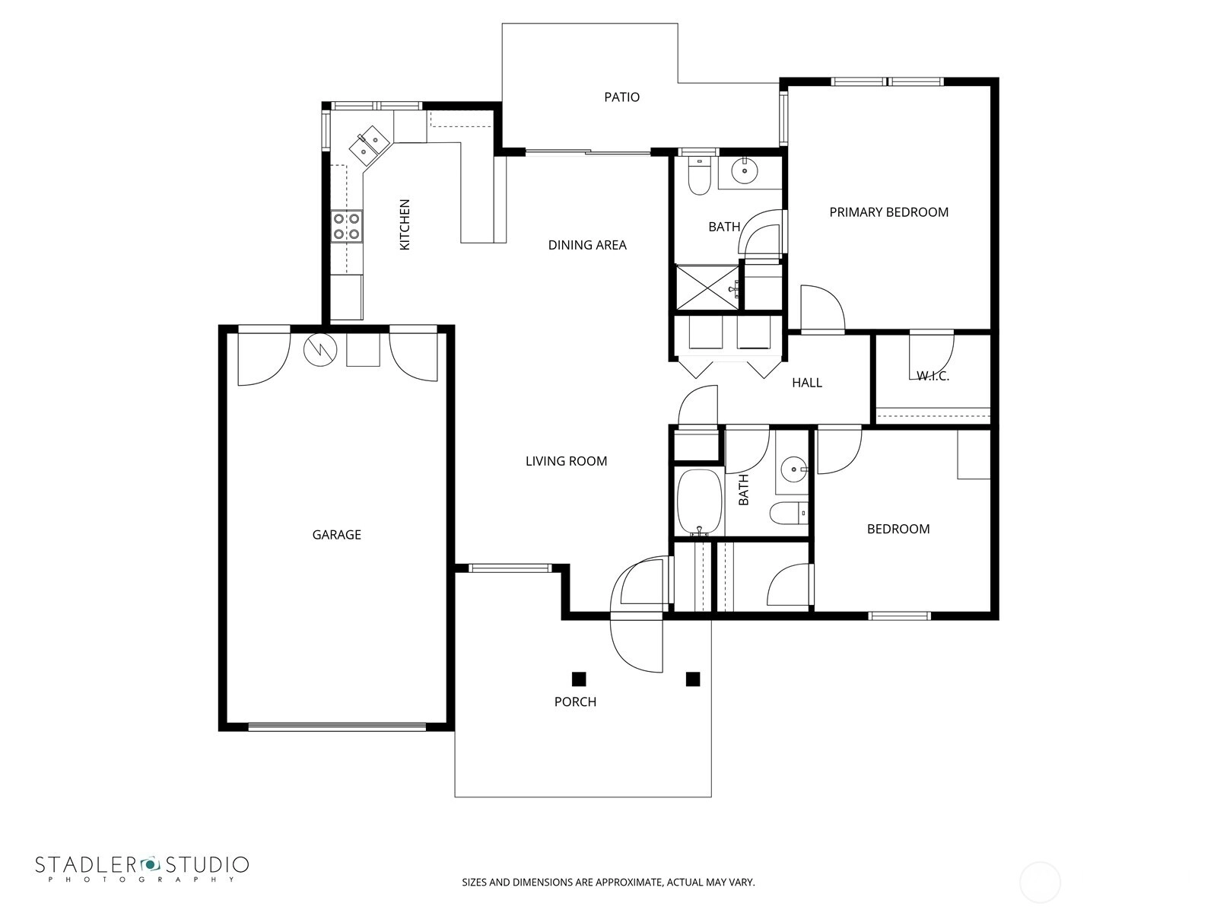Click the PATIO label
621,97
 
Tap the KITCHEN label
405,224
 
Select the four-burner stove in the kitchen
347,226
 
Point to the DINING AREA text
587,245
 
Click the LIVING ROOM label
566,461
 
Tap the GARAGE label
336,535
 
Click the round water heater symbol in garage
320,349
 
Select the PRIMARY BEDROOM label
888,212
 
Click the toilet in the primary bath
699,176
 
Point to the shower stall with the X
707,287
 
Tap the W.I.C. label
933,377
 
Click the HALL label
807,383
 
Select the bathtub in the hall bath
700,502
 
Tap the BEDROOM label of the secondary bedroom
898,529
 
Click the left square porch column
579,679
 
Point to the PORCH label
576,701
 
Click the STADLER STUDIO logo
142,869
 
